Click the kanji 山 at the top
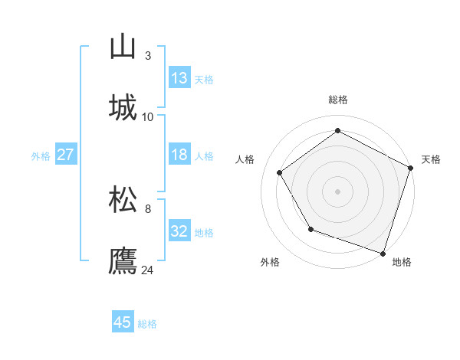click(x=123, y=47)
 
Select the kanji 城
click(x=123, y=107)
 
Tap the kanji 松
click(x=123, y=200)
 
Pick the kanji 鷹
click(x=123, y=260)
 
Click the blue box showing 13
click(x=179, y=78)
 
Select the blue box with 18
click(x=179, y=155)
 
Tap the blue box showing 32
click(x=179, y=231)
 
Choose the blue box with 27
click(x=65, y=155)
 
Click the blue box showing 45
click(x=123, y=322)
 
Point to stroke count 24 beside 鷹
click(x=148, y=270)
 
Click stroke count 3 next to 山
click(x=148, y=56)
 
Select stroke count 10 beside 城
click(x=148, y=116)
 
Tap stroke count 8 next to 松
click(x=148, y=209)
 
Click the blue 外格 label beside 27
click(x=41, y=156)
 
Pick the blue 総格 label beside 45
click(x=147, y=324)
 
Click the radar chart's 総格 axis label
click(x=338, y=100)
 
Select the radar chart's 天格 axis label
click(x=431, y=159)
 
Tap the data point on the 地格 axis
click(x=383, y=252)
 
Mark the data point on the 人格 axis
click(x=280, y=172)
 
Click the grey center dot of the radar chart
click(x=338, y=191)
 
